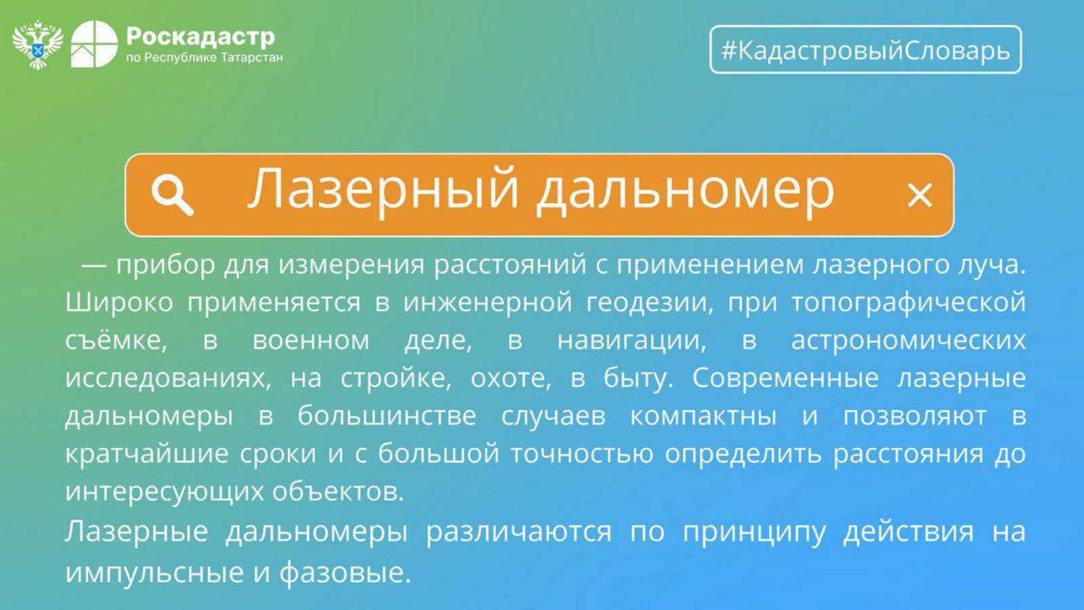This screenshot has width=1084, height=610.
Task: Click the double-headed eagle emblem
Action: pos(38,44)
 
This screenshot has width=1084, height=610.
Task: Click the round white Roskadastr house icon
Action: pos(94,44)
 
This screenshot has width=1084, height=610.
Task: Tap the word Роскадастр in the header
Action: pos(201,37)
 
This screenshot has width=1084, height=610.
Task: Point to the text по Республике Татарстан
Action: pos(205,58)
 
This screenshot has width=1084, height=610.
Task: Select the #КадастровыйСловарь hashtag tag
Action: pos(866,49)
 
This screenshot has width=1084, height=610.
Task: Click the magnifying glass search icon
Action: pos(172,195)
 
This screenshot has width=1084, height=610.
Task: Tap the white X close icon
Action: pos(919,196)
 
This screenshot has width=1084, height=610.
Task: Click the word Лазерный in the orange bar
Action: pos(383,189)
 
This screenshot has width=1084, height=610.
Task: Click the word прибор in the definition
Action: pos(165,265)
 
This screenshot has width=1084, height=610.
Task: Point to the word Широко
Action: pos(119,302)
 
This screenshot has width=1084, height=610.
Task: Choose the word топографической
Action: pos(909,303)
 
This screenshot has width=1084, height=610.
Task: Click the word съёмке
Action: pos(116,340)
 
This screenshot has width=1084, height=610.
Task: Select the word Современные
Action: pos(785,378)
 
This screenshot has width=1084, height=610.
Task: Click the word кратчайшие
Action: pos(146,454)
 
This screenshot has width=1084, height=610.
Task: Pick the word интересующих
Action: pos(165,492)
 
